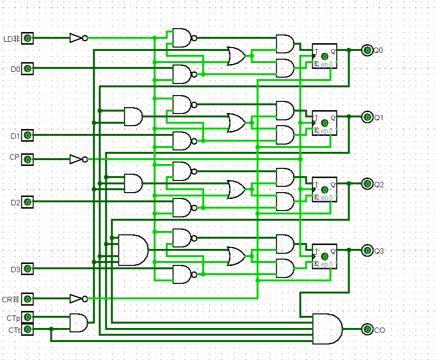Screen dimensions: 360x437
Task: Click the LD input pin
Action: pos(28,38)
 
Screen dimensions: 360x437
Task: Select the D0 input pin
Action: pos(28,68)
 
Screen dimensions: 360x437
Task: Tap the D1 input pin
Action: pos(28,135)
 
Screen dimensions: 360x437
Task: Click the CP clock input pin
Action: pos(28,159)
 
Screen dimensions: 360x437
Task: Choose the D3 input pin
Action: pos(28,268)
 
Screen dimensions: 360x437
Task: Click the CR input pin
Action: pos(28,299)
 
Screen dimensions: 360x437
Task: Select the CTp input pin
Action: pos(28,317)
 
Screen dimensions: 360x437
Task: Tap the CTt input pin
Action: pos(28,329)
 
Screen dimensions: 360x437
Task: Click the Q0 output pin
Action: pos(367,50)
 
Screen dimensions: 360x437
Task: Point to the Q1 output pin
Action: pos(367,117)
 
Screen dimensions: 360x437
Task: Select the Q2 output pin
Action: pos(367,184)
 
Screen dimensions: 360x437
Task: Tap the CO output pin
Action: pos(367,329)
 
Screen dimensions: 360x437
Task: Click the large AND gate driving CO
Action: pos(327,329)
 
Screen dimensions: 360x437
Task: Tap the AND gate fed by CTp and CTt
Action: pos(79,323)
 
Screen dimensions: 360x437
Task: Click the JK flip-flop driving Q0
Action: pos(324,56)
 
